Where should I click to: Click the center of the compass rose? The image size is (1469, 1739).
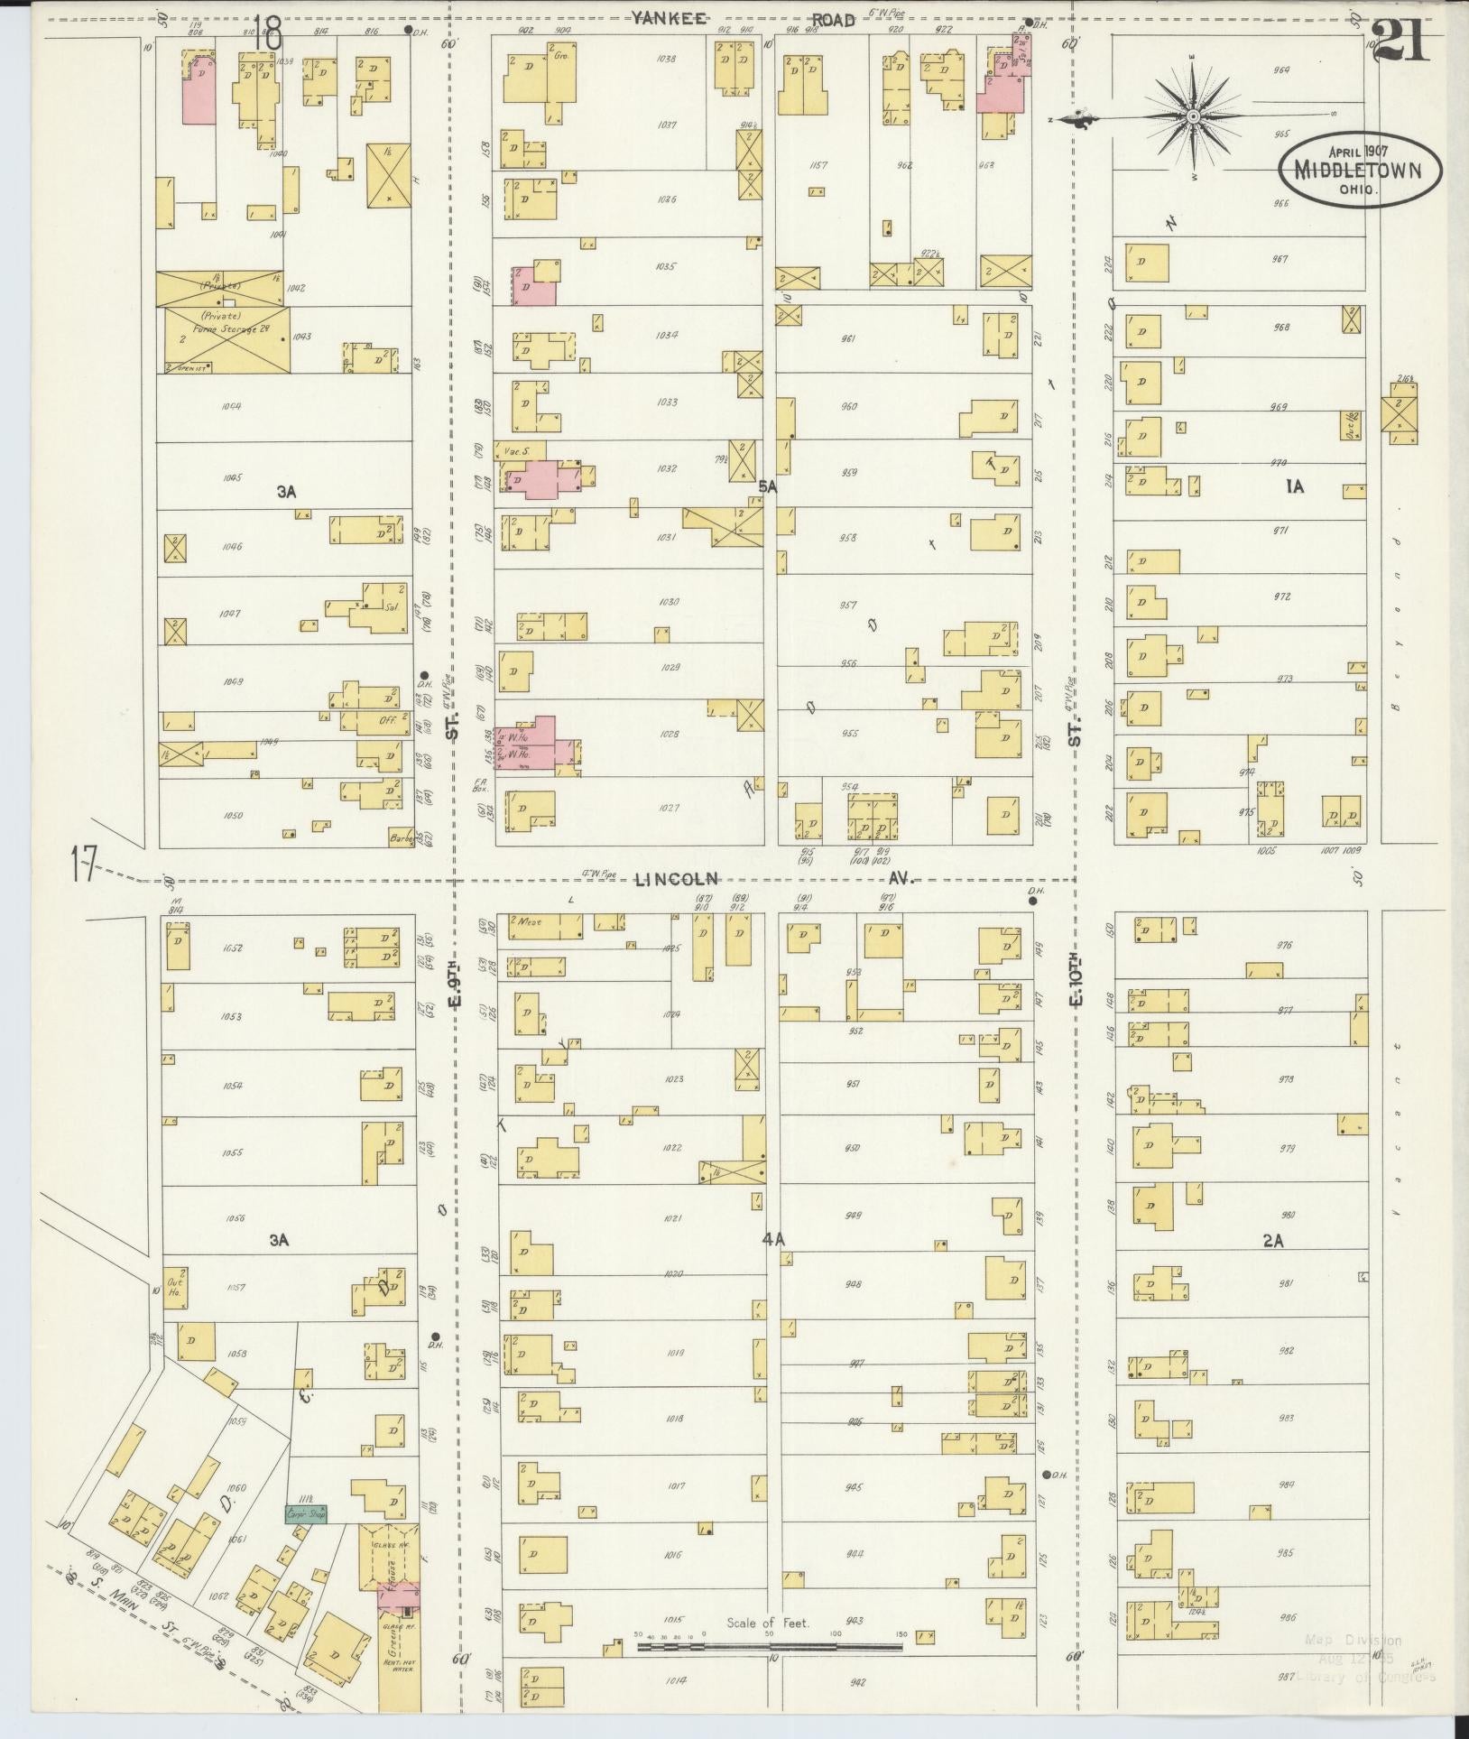click(x=1193, y=116)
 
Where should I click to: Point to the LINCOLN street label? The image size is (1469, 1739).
click(x=675, y=878)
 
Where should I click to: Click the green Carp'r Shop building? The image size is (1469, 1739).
click(x=306, y=1512)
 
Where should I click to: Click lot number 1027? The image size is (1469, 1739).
click(x=669, y=809)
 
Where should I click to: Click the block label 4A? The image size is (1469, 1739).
click(x=773, y=1240)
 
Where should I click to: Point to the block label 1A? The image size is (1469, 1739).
click(x=1295, y=487)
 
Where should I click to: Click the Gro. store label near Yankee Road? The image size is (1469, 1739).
click(x=563, y=55)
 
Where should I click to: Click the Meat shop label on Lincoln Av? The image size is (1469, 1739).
click(x=528, y=922)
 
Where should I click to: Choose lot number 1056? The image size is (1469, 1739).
click(x=235, y=1218)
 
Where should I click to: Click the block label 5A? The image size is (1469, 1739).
click(x=767, y=486)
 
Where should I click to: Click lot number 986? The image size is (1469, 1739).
click(x=1285, y=1619)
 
